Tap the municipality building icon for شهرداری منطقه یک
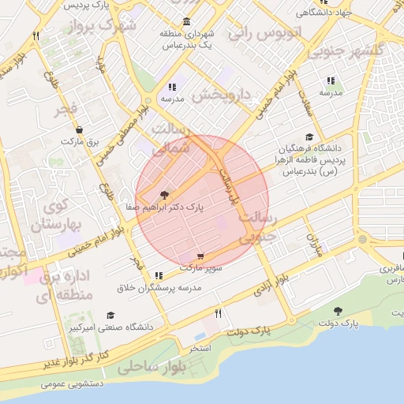185,21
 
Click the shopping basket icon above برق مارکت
79,129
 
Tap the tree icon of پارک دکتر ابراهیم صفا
163,194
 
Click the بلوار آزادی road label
271,285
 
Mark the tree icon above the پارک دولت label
339,312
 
